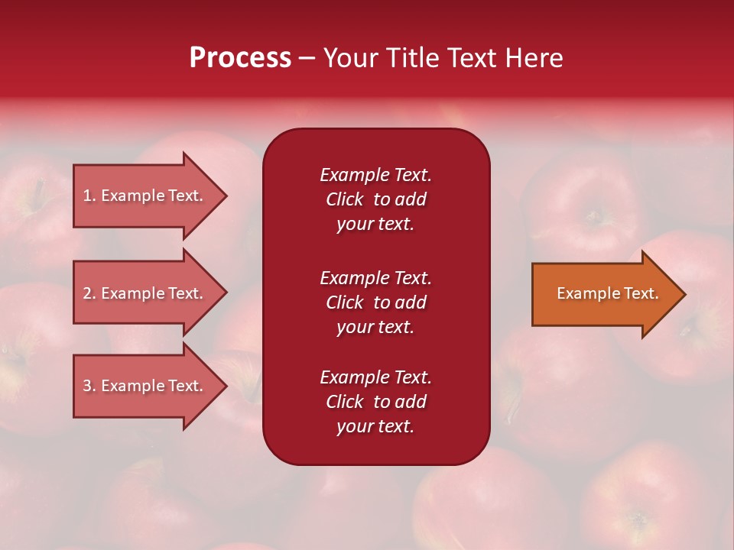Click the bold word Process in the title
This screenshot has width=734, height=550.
(240, 58)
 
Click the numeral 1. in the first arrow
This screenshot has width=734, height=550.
(89, 196)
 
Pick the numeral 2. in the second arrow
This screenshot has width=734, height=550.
(89, 293)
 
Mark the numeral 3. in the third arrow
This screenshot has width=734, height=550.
(89, 386)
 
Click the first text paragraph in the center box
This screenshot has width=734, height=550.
(375, 199)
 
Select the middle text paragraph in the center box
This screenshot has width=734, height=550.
(375, 302)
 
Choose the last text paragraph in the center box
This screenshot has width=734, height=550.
(375, 402)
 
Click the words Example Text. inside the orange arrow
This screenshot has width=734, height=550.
(607, 293)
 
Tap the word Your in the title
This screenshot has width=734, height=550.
(350, 58)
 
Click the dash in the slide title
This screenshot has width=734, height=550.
(307, 59)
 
